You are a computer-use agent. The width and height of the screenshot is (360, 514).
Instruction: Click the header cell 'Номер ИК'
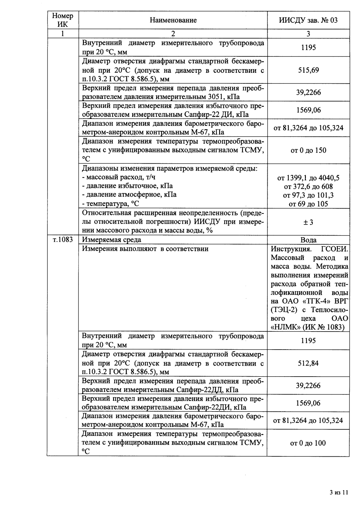(63, 20)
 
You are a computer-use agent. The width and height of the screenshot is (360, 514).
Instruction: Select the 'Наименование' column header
(173, 20)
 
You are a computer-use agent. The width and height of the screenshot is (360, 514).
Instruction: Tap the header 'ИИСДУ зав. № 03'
(308, 20)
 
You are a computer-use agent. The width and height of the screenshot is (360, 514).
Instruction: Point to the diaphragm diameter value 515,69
(308, 70)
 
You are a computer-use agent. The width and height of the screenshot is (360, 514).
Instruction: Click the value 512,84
(308, 363)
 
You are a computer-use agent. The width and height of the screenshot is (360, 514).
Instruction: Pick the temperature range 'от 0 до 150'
(308, 151)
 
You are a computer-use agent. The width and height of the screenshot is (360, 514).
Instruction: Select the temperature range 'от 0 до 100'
(308, 443)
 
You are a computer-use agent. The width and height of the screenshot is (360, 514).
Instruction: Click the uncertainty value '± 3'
(308, 222)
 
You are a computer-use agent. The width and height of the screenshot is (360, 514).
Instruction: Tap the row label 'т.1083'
(63, 240)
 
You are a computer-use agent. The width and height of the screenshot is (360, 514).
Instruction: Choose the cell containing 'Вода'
(308, 240)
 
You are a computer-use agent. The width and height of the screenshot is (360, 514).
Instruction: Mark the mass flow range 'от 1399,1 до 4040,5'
(308, 178)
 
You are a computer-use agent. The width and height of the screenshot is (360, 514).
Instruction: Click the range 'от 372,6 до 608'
(308, 187)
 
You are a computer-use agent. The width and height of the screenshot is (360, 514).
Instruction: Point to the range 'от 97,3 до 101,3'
(308, 195)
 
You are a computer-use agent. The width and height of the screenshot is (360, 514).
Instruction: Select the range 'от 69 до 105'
(308, 204)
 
